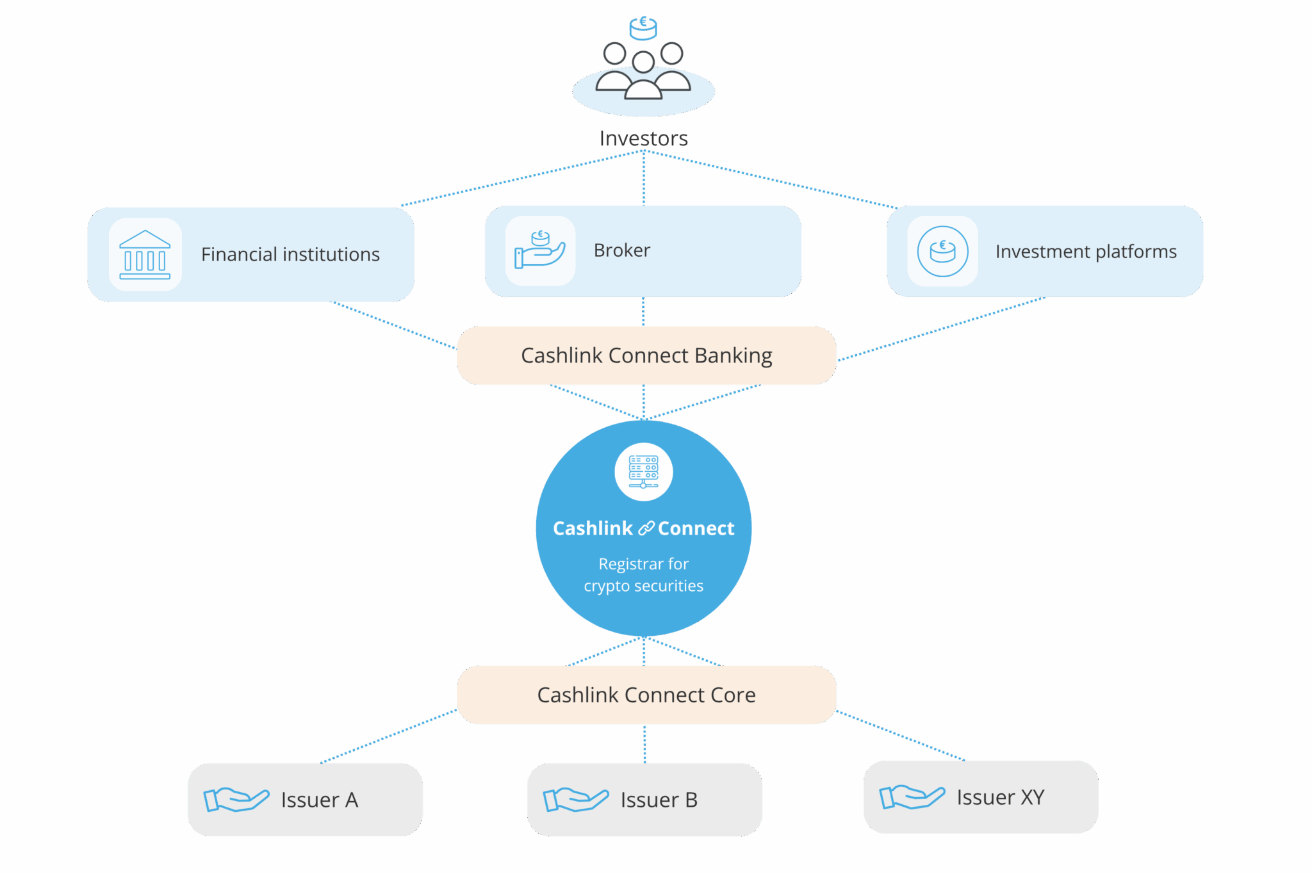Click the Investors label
point(643,138)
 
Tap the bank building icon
point(145,255)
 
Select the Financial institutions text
point(290,255)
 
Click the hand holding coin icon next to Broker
point(540,250)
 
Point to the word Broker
point(621,250)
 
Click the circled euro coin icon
point(942,251)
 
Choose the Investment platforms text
point(1086,252)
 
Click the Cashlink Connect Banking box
point(646,355)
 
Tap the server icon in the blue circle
point(643,472)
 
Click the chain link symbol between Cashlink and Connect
point(646,528)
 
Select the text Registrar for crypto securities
point(643,575)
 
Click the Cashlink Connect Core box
point(646,695)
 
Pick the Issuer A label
point(319,800)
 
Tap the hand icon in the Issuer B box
point(575,800)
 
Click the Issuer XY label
point(1000,797)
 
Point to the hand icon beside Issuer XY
point(912,797)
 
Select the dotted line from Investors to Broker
point(643,178)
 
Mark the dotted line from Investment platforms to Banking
point(942,328)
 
